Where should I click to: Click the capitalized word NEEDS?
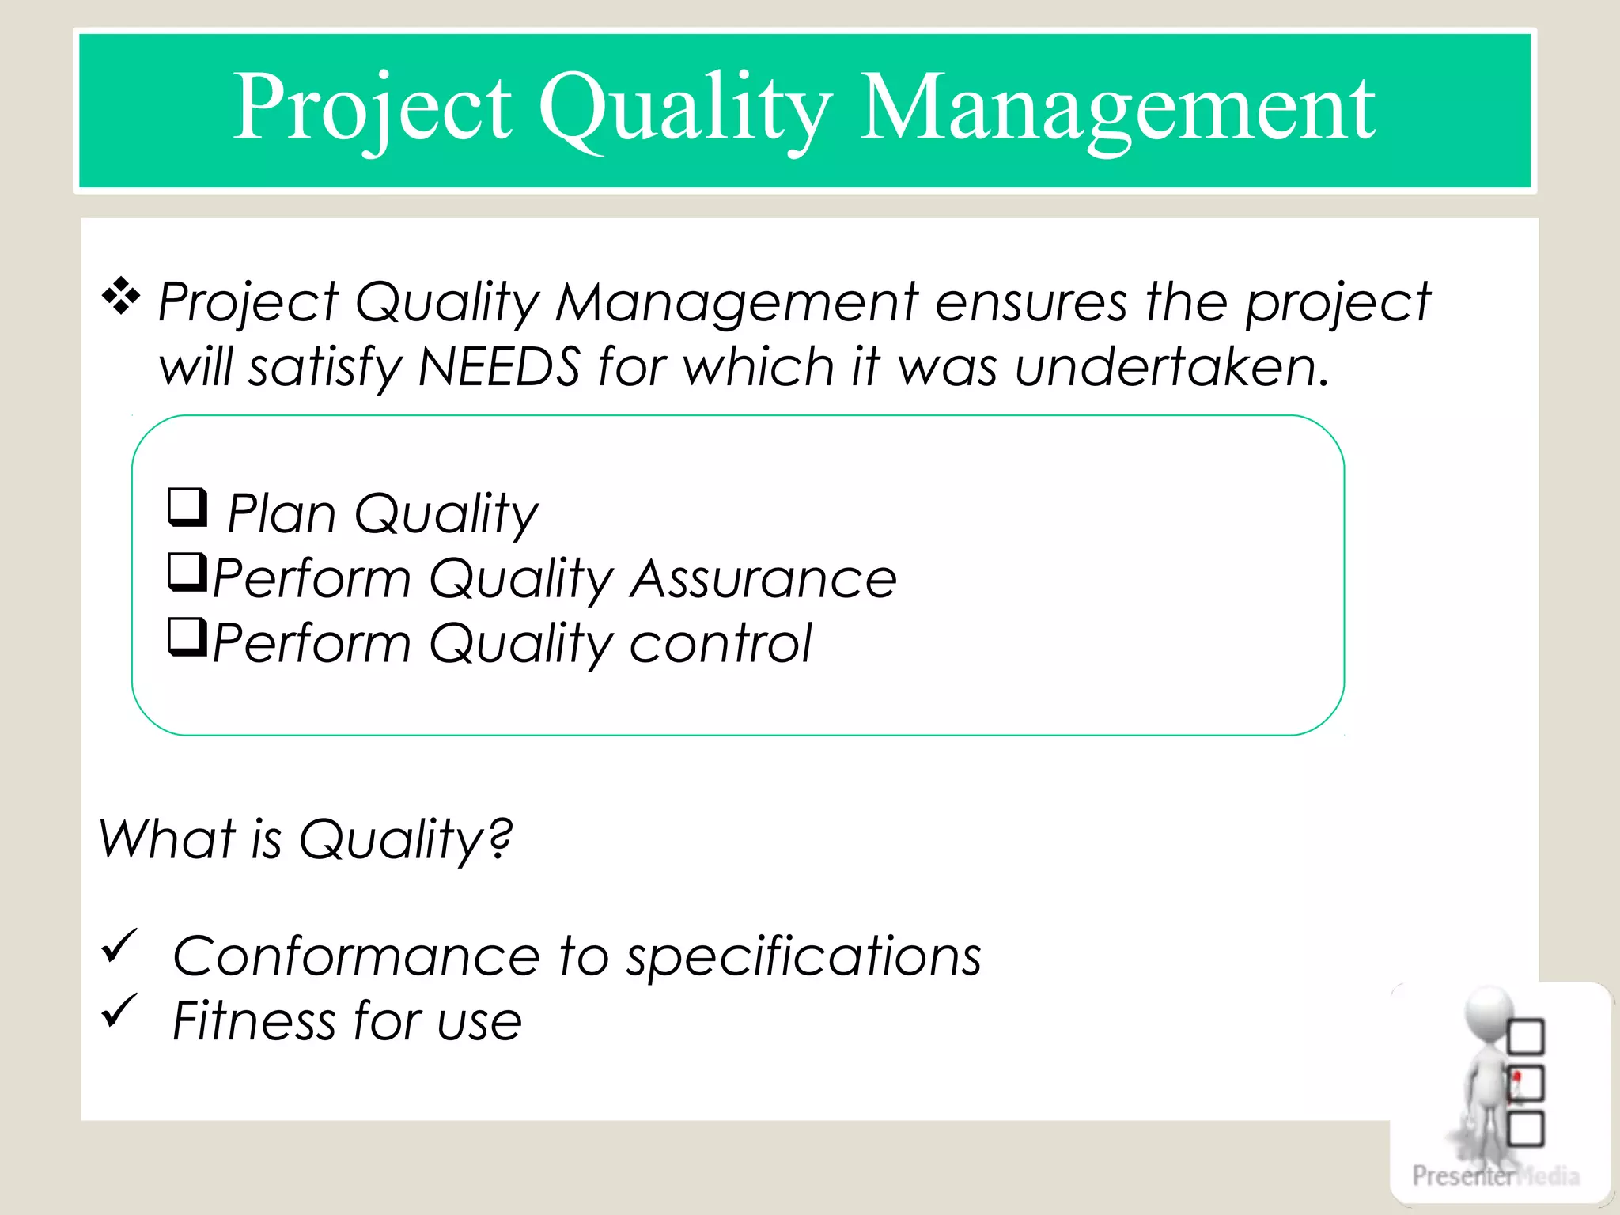point(499,367)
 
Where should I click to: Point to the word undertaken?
point(1171,367)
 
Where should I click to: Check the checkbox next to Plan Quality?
point(187,507)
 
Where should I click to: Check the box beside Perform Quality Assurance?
point(187,572)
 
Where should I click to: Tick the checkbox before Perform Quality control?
point(187,637)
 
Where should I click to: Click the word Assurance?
point(764,579)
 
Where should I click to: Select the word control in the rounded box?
point(721,644)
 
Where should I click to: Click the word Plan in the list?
point(282,514)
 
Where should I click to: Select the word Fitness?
point(254,1020)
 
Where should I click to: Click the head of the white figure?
point(1487,1013)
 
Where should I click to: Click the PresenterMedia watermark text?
point(1495,1175)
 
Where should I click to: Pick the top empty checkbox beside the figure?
point(1526,1037)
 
